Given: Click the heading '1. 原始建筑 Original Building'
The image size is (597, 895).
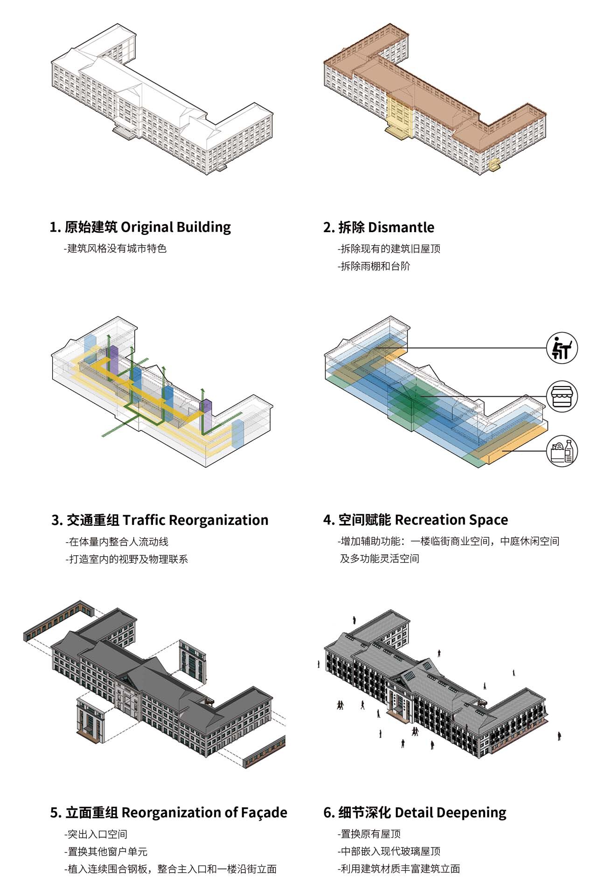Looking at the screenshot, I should coord(140,227).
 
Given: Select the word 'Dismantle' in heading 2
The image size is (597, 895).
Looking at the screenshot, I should coord(401,227).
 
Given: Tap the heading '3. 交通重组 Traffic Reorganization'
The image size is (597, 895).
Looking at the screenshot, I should coord(160,520).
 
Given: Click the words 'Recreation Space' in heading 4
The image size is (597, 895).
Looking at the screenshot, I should coord(451,520).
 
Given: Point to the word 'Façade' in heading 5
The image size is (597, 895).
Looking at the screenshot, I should coord(264,812).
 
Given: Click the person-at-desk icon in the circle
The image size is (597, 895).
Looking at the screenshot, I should coord(562,348).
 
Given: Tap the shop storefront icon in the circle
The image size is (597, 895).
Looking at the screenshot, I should coord(562,397).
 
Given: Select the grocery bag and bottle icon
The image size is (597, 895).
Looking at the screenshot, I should coord(562,451).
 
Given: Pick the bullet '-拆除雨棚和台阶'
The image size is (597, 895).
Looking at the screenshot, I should coord(374,267).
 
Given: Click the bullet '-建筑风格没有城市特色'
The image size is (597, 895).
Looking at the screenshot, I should coord(115,248).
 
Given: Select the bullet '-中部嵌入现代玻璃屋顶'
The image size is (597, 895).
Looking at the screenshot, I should coord(389,851).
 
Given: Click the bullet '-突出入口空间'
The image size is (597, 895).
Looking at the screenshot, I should coord(96,834).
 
